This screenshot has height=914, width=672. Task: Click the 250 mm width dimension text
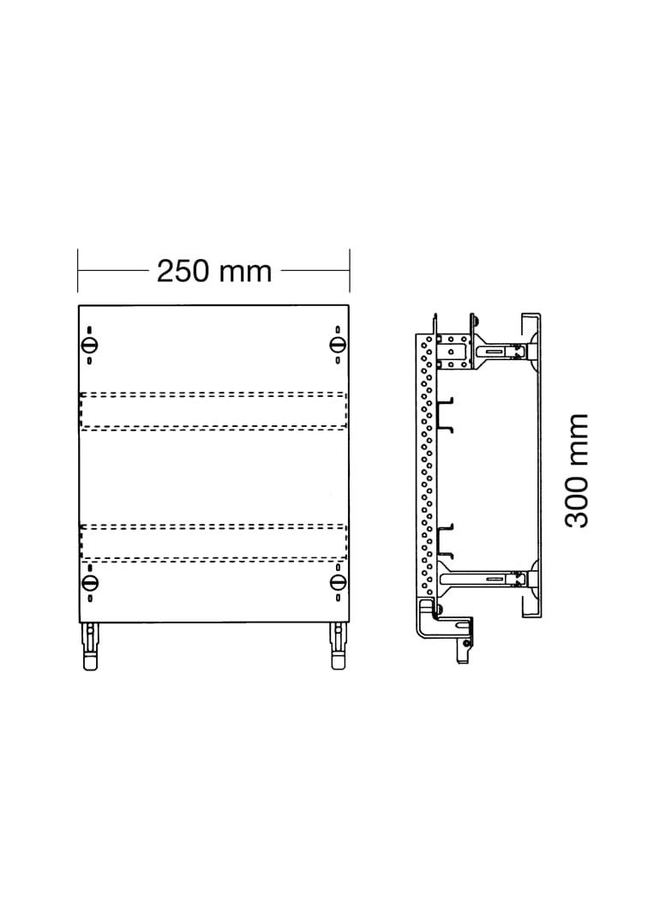pyautogui.click(x=214, y=272)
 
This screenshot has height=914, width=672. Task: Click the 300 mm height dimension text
pyautogui.click(x=577, y=471)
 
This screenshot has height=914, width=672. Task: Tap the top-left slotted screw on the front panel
pyautogui.click(x=89, y=345)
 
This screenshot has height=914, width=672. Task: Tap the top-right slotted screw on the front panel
pyautogui.click(x=338, y=345)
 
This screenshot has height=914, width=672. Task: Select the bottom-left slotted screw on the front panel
pyautogui.click(x=89, y=582)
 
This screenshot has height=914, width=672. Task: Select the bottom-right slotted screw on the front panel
pyautogui.click(x=338, y=582)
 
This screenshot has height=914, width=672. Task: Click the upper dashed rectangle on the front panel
pyautogui.click(x=213, y=411)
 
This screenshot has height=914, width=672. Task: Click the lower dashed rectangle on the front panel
pyautogui.click(x=213, y=544)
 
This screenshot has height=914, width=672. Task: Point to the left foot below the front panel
pyautogui.click(x=90, y=646)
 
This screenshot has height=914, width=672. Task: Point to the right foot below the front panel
pyautogui.click(x=338, y=646)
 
